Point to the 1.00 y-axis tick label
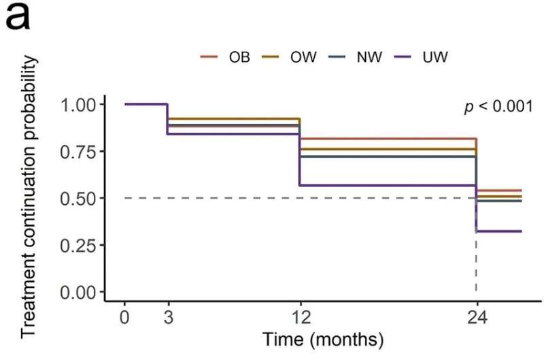[81, 105]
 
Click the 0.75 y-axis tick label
[81, 152]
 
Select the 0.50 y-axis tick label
[81, 199]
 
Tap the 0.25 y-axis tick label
[81, 245]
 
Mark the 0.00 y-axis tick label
[81, 292]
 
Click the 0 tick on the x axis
[124, 316]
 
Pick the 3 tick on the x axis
[168, 316]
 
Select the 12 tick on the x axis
[300, 316]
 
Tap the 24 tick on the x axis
[476, 316]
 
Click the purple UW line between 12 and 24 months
[388, 185]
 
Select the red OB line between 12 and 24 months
[388, 139]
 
